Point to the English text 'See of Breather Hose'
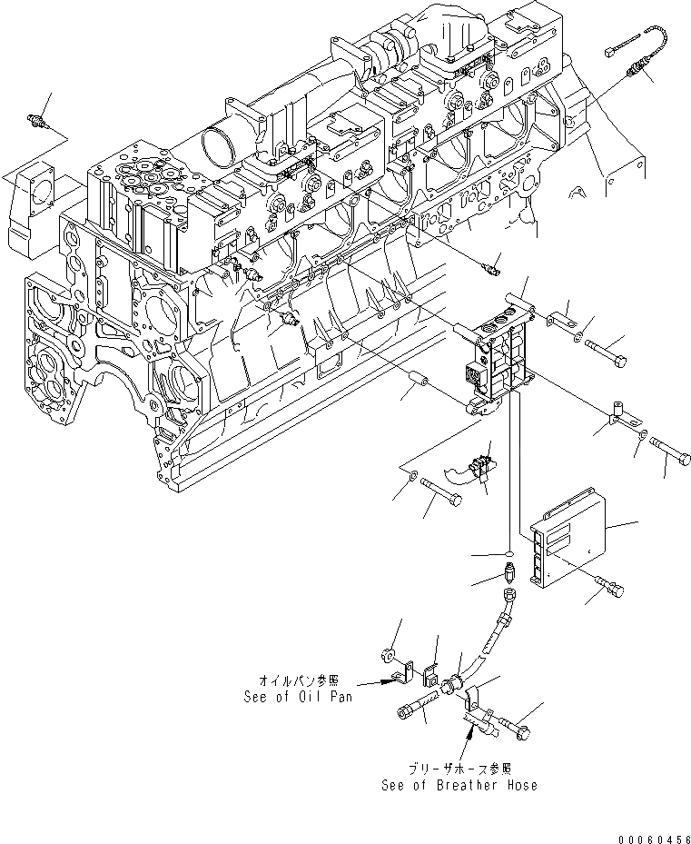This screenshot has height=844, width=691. [x=459, y=785]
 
